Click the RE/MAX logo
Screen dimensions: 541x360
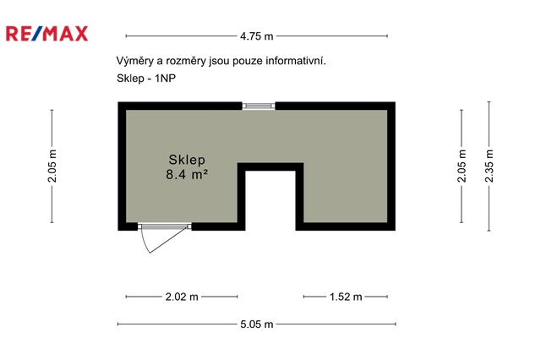[x=47, y=34]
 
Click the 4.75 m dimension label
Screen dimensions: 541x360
[x=257, y=35]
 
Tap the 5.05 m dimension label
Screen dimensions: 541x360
[x=257, y=325]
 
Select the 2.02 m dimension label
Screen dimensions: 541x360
[x=182, y=297]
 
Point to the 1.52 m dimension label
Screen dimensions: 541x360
[x=346, y=297]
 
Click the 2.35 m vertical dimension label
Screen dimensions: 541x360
[x=489, y=166]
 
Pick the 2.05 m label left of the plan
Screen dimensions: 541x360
[x=52, y=166]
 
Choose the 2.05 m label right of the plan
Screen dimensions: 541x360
[x=462, y=166]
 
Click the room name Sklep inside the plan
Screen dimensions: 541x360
[x=187, y=160]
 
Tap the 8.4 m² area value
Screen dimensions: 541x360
[x=187, y=174]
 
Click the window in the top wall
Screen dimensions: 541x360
[x=259, y=106]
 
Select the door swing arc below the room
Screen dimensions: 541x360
[x=145, y=244]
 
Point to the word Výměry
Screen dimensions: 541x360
[x=135, y=61]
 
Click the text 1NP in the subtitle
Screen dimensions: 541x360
[x=166, y=79]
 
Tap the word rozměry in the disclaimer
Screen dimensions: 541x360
[x=186, y=62]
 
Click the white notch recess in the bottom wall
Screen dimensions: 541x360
[x=270, y=200]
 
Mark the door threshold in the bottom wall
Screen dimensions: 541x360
[x=165, y=226]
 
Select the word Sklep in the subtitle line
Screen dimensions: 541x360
[x=130, y=79]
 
